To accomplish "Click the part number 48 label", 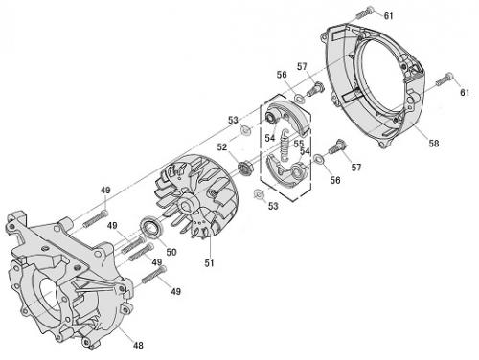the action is [138, 345].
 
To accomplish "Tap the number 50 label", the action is [171, 252].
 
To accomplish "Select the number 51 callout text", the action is [209, 263].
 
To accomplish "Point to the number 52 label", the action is [222, 147].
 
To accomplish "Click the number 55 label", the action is [299, 144].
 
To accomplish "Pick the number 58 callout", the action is [434, 144].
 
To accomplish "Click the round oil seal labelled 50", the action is [152, 227].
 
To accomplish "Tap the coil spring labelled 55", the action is [285, 145].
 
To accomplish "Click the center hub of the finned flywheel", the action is [186, 205].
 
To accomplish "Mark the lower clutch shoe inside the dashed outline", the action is [287, 170].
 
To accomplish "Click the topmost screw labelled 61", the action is [365, 12].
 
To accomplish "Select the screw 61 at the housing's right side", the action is [445, 79].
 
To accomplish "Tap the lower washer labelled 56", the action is [319, 159].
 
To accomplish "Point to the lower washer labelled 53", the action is [258, 193].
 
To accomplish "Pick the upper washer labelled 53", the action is [245, 130].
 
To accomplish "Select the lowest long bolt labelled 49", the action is [154, 275].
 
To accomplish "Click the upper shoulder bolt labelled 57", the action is [315, 88].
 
